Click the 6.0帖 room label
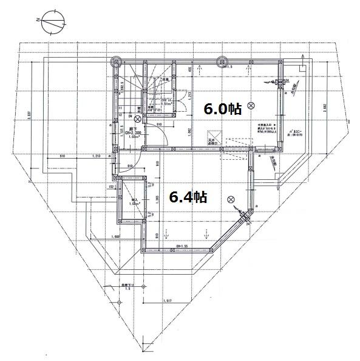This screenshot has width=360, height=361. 222,109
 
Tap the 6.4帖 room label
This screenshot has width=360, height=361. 188,197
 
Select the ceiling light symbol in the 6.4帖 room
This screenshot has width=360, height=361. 230,199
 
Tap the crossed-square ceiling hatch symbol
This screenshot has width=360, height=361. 213,136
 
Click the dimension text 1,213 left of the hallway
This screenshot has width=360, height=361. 97,157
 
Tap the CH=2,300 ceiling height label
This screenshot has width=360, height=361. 134,132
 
